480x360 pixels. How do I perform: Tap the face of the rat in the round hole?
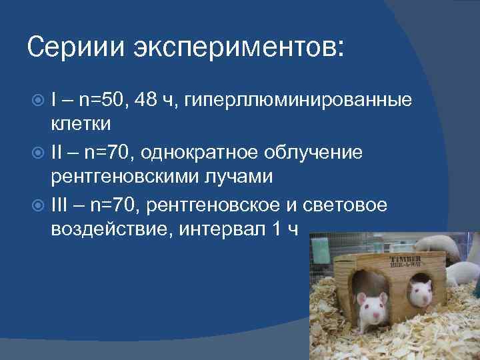tap(420, 292)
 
